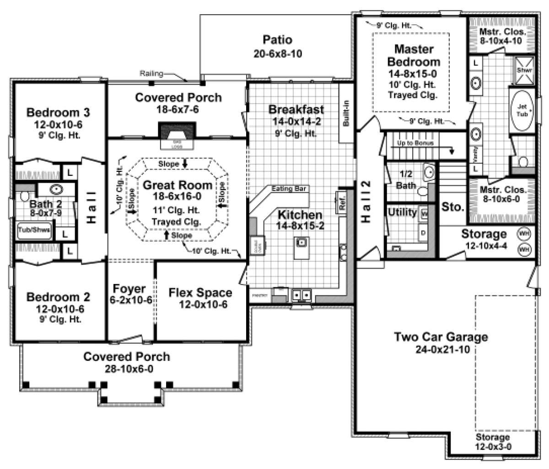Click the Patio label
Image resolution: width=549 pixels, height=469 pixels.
(278, 40)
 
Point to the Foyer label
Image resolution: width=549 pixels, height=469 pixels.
(129, 289)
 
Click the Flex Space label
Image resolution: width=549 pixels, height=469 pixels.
(200, 292)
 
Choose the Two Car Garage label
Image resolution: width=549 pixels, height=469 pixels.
(441, 337)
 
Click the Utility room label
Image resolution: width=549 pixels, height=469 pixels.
(402, 212)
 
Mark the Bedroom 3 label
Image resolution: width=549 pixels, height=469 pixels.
(58, 112)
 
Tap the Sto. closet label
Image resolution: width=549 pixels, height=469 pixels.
(453, 206)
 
